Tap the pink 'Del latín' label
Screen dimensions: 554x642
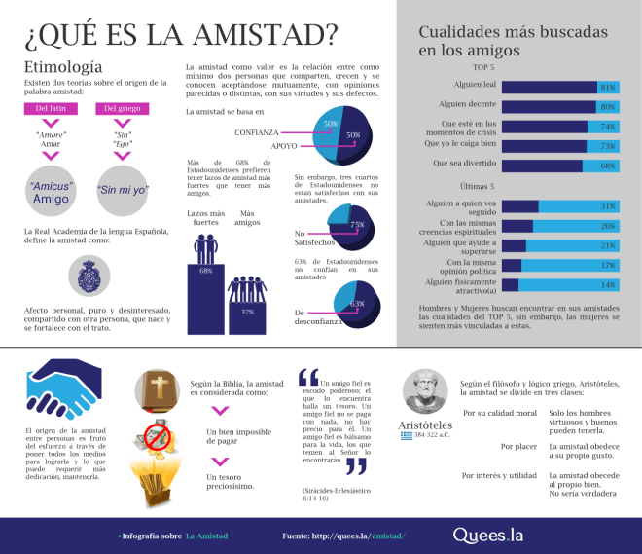[x=50, y=108]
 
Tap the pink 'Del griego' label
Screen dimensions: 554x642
[x=123, y=108]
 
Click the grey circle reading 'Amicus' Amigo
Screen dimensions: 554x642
[x=51, y=192]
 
